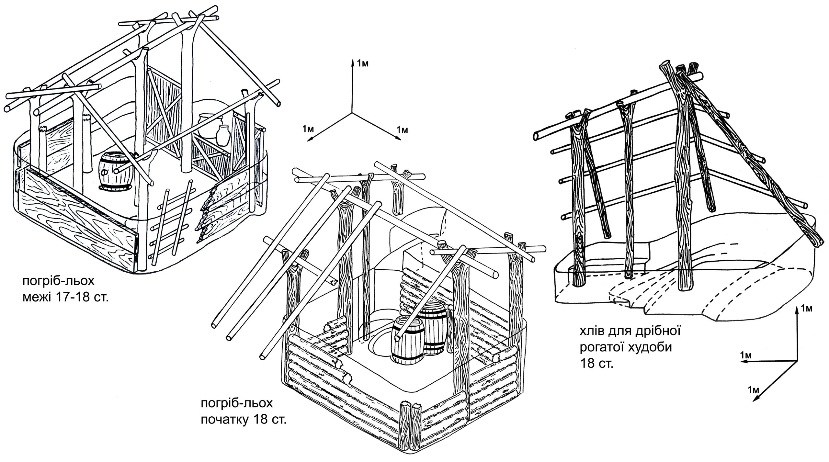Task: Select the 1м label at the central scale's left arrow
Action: point(308,129)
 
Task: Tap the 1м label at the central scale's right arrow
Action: point(402,130)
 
